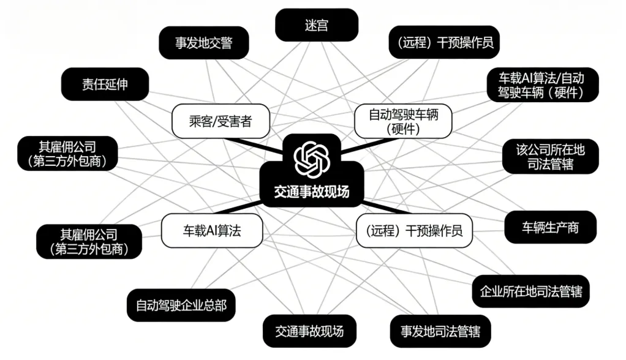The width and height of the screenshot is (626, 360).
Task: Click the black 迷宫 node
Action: tap(316, 25)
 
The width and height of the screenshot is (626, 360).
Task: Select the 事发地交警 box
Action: tap(203, 43)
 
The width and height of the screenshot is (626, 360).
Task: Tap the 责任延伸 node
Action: tap(105, 84)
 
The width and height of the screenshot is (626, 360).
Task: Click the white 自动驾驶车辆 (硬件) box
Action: tap(402, 121)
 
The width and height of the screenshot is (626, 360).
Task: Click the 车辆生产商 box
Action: tap(549, 228)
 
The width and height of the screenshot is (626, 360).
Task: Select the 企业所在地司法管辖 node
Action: tap(530, 291)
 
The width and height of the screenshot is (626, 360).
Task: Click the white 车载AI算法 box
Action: tap(212, 230)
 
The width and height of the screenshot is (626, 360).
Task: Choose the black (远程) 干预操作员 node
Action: tap(444, 43)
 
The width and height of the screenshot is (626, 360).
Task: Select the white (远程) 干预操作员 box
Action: tap(414, 231)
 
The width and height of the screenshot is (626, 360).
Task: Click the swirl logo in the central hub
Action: tap(312, 158)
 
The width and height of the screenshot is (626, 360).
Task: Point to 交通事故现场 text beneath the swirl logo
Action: tap(312, 192)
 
